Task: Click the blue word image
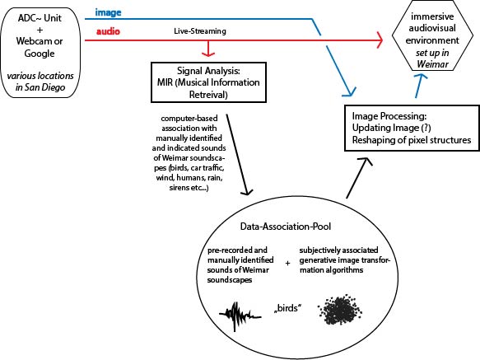[108, 12]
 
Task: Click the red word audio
[108, 31]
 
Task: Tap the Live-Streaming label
[200, 31]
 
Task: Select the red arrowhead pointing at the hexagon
[380, 40]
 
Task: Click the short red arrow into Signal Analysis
[208, 49]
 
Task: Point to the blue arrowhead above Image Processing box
[350, 92]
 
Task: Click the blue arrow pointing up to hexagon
[420, 86]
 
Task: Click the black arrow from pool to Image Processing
[358, 178]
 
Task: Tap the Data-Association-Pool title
[286, 227]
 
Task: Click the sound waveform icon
[240, 316]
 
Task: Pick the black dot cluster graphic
[339, 309]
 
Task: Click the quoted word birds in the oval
[287, 308]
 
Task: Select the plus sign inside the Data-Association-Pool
[287, 263]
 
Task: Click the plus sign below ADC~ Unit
[40, 30]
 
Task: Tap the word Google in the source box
[40, 54]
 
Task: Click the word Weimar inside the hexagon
[432, 64]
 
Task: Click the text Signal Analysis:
[208, 71]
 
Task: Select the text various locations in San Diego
[40, 82]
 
